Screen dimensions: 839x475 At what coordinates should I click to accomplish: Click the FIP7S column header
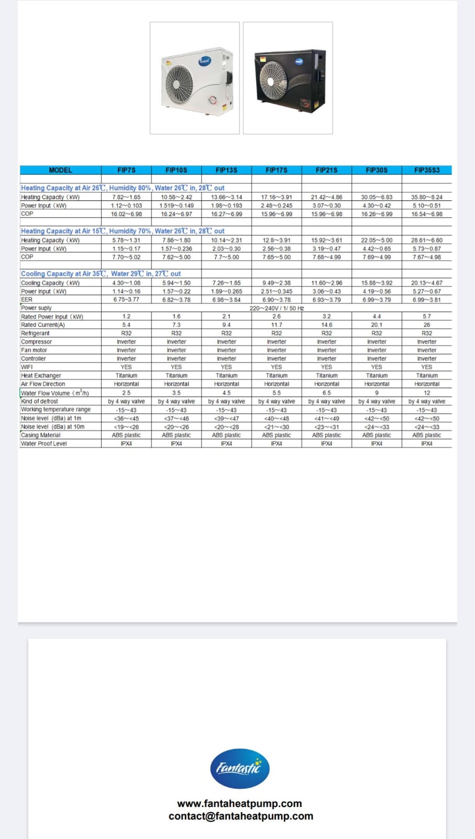tap(126, 170)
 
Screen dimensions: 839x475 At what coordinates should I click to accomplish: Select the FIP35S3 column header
tap(426, 170)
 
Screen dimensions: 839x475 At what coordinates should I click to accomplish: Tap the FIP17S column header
tap(277, 170)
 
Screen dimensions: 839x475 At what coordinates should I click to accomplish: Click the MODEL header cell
tap(60, 170)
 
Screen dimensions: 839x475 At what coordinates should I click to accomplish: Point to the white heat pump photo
tap(195, 78)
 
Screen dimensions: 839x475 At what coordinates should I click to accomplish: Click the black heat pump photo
tap(288, 78)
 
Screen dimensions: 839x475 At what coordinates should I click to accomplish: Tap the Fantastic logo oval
tap(239, 769)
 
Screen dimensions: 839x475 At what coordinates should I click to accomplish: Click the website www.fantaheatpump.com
tap(239, 803)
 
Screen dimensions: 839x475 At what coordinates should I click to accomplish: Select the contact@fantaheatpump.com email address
tap(241, 816)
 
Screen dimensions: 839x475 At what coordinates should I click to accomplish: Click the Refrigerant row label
tap(35, 334)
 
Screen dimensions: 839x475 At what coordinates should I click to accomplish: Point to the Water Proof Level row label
tap(44, 444)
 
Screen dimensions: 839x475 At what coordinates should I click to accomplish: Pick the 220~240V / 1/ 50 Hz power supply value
tap(277, 308)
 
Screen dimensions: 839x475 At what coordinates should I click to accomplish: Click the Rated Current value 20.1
tap(377, 325)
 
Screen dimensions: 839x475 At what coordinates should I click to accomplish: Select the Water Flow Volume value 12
tap(427, 393)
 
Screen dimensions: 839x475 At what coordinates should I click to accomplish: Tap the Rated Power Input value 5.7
tap(427, 317)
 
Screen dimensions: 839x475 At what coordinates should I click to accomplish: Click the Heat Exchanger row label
tap(41, 375)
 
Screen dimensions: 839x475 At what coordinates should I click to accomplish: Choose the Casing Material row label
tap(40, 435)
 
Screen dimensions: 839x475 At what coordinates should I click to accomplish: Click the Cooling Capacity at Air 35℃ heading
tap(101, 274)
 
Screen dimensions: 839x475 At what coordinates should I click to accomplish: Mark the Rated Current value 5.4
tap(126, 325)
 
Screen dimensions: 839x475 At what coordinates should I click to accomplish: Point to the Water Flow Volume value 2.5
tap(126, 393)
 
